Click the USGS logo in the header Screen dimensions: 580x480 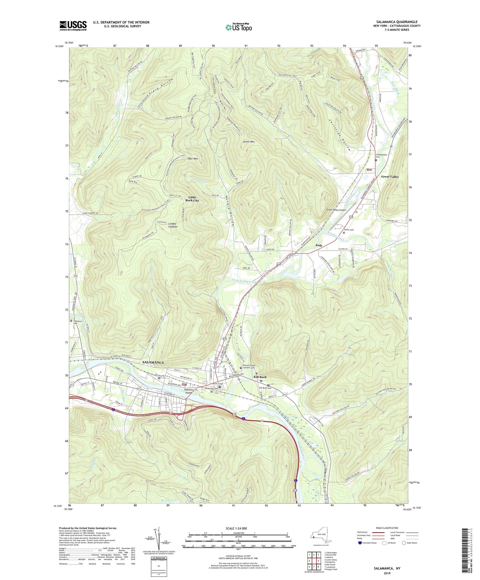(x=73, y=25)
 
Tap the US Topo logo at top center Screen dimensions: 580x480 (x=239, y=27)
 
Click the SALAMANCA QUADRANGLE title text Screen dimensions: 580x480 (x=397, y=22)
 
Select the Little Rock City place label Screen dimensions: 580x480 (x=192, y=199)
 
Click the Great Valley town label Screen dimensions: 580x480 (x=390, y=177)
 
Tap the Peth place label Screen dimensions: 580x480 (x=319, y=245)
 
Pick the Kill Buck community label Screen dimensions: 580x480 (x=260, y=377)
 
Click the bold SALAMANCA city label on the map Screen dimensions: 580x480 (x=153, y=362)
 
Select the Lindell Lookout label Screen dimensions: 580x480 (x=173, y=225)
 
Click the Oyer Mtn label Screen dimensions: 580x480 (x=193, y=159)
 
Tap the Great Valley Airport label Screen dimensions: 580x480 (x=336, y=210)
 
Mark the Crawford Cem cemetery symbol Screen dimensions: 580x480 (x=71, y=321)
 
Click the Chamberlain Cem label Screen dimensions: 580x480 (x=381, y=156)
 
